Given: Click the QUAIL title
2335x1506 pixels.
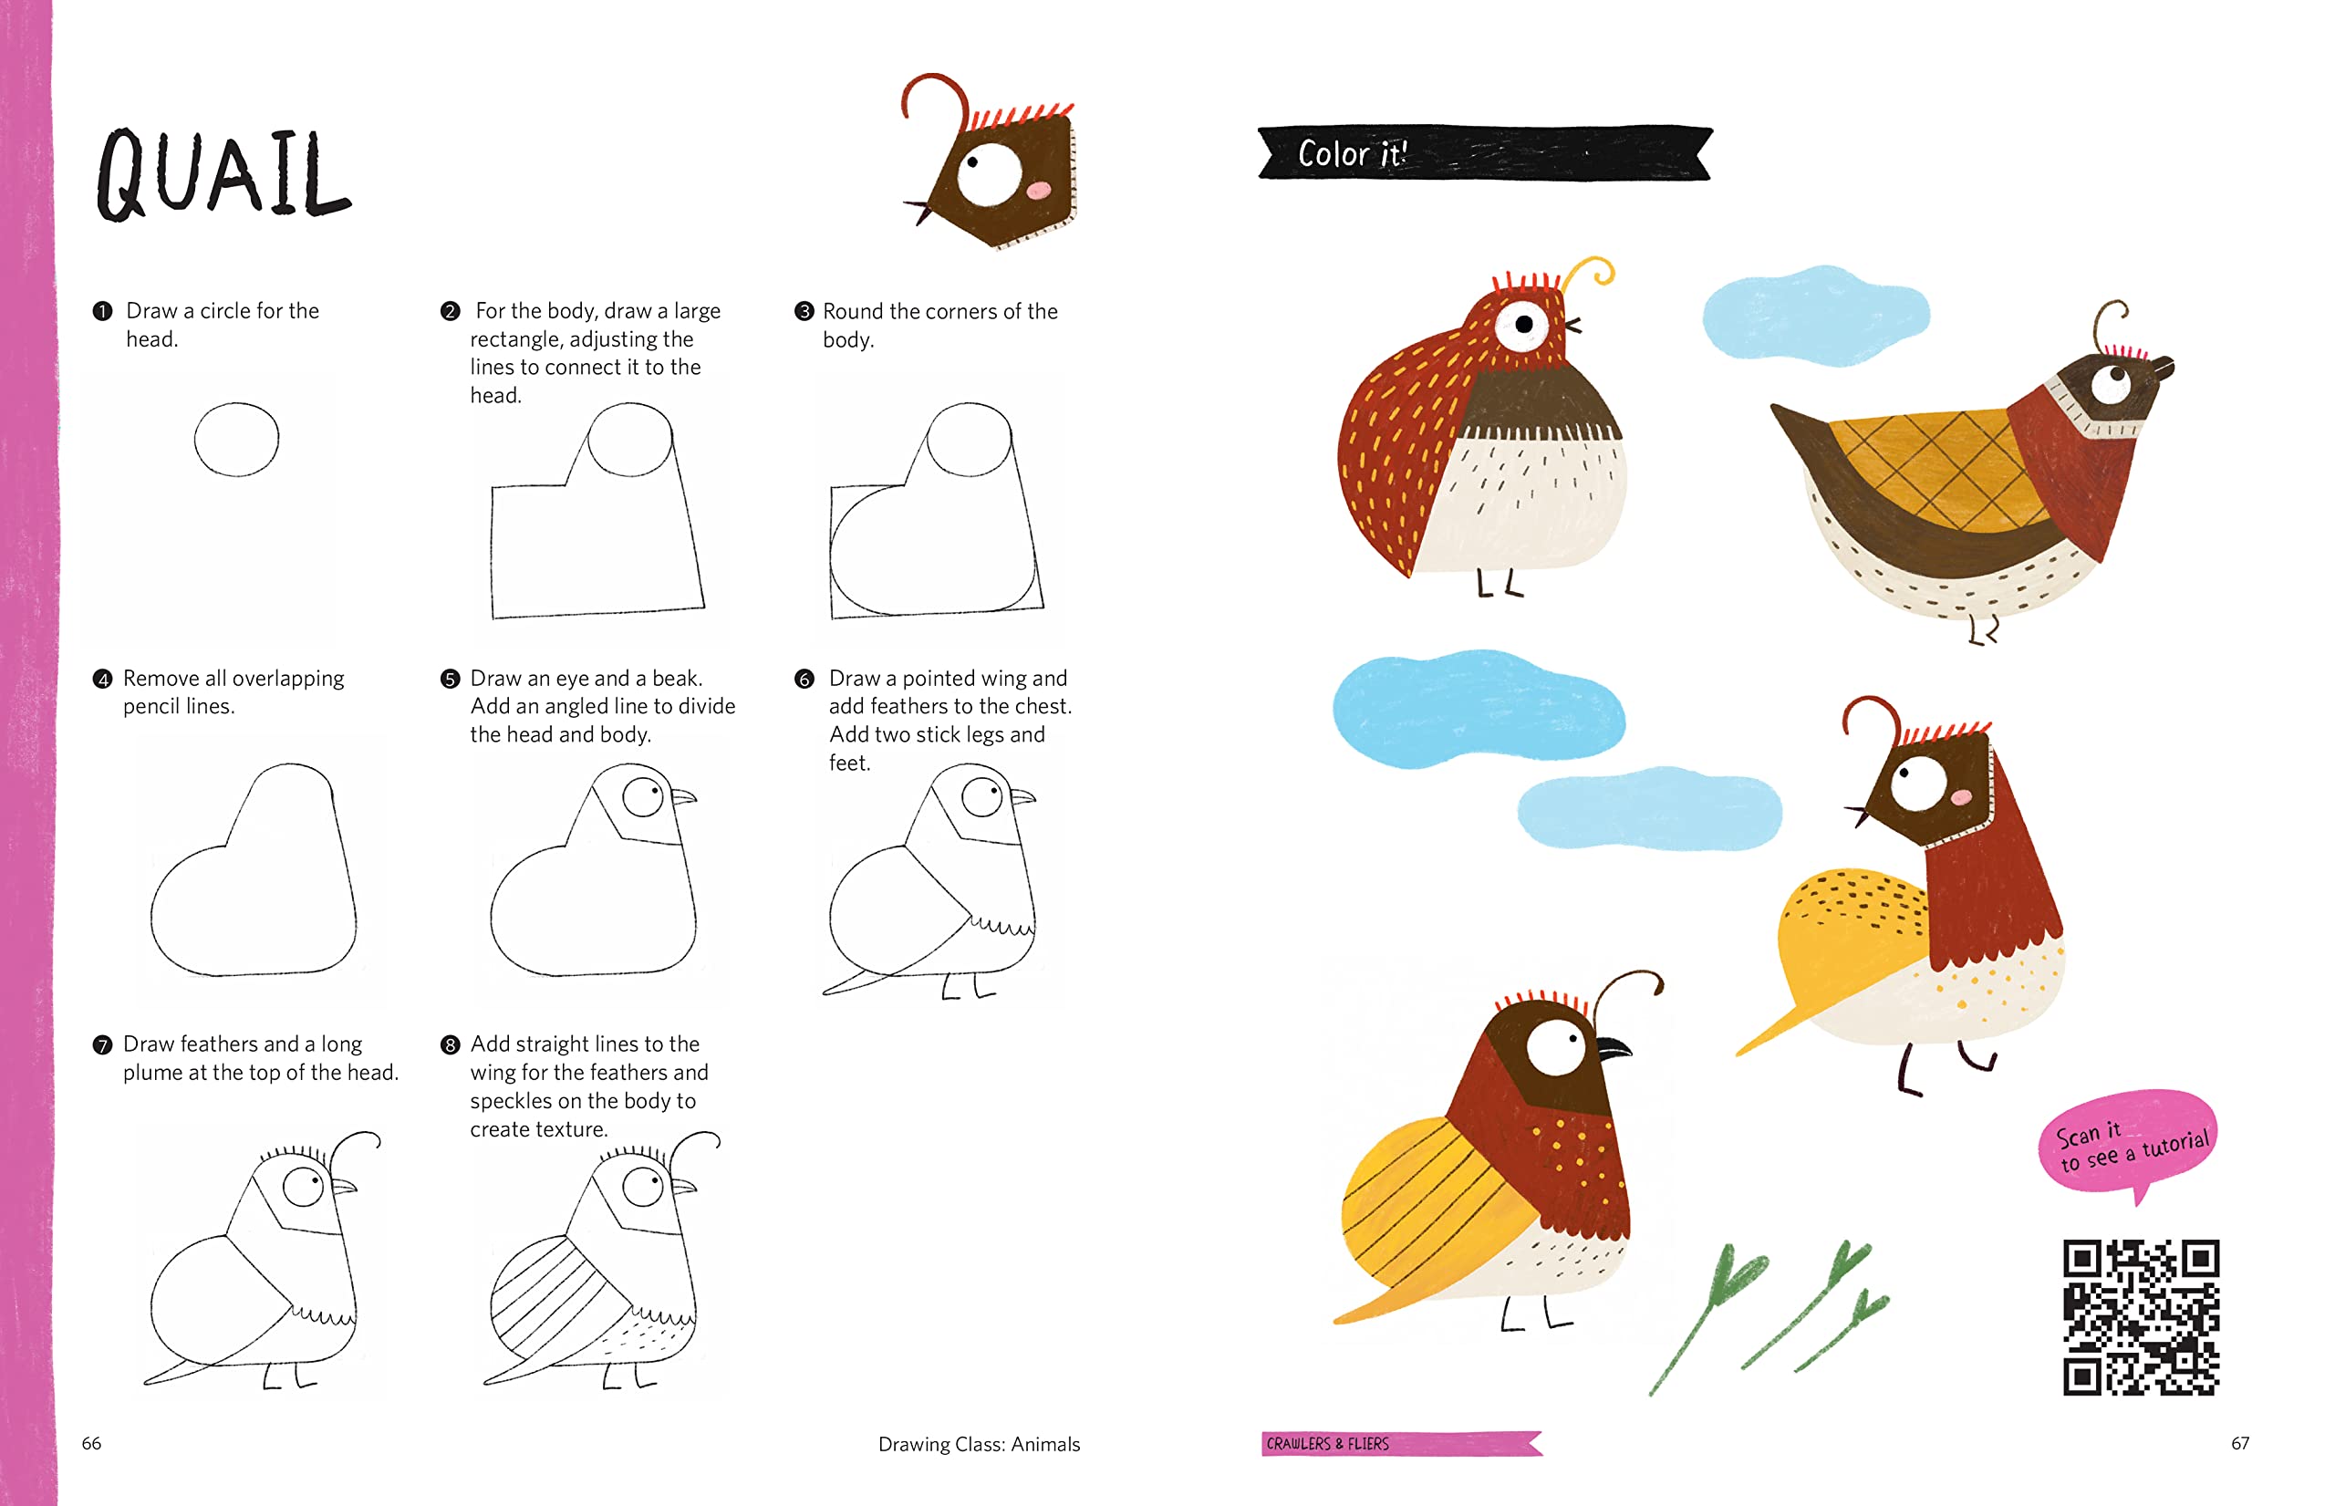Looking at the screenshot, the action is pos(223,174).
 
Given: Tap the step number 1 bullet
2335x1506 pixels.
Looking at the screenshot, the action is pos(101,311).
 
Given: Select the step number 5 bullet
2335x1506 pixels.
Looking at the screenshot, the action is pos(450,679).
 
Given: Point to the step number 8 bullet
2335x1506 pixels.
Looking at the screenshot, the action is pos(450,1044).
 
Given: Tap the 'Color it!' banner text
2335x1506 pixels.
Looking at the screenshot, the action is pos(1353,153).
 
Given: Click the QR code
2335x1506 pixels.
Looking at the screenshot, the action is pos(2141,1316).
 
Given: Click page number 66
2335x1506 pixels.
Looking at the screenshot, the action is pos(91,1443).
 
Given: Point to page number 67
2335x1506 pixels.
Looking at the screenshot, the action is pos(2240,1443).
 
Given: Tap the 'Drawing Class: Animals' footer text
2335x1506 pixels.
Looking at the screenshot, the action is pos(979,1444).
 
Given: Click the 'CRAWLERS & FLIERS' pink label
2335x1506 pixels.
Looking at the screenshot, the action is pos(1401,1443).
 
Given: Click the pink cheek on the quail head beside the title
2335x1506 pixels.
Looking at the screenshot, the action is pos(1038,190).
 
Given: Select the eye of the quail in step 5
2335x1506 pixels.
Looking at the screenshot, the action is pos(643,796).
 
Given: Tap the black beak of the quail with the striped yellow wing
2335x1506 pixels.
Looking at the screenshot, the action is pos(1614,1047).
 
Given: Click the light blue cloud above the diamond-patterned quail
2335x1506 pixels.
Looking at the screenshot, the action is pos(1816,315).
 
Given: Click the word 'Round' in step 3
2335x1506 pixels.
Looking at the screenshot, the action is pos(853,312).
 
